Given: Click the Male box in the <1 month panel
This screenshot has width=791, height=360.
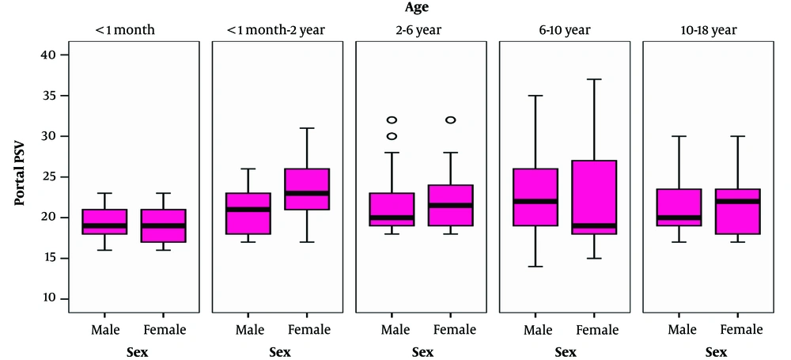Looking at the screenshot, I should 104,222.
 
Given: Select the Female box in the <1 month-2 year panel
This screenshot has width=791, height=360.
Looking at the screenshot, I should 307,189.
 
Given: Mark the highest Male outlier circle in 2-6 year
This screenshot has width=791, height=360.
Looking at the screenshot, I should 392,120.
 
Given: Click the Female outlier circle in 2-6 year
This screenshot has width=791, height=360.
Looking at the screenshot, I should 451,120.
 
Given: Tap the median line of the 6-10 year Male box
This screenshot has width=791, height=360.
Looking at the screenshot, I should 536,201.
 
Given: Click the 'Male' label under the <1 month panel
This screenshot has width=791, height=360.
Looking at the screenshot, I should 104,329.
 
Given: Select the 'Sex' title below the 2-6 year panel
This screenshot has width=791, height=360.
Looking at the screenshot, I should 422,351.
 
